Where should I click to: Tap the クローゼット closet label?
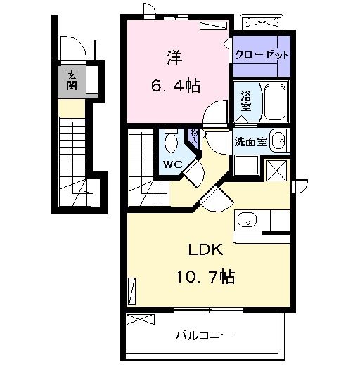[262, 55]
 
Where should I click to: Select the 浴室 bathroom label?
[246, 101]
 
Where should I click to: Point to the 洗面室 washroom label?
[250, 142]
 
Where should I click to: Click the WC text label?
[173, 164]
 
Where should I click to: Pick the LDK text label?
[206, 249]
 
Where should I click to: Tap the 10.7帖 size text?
[205, 277]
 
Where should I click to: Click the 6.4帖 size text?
[176, 85]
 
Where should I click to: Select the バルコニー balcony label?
[204, 335]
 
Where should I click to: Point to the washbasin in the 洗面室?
[278, 141]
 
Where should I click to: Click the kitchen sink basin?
[247, 220]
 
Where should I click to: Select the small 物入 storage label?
[194, 136]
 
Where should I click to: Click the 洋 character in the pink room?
[174, 58]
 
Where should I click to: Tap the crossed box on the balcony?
[141, 320]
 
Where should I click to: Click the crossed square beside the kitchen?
[276, 171]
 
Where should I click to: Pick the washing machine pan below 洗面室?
[247, 165]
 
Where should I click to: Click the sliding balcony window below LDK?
[208, 311]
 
